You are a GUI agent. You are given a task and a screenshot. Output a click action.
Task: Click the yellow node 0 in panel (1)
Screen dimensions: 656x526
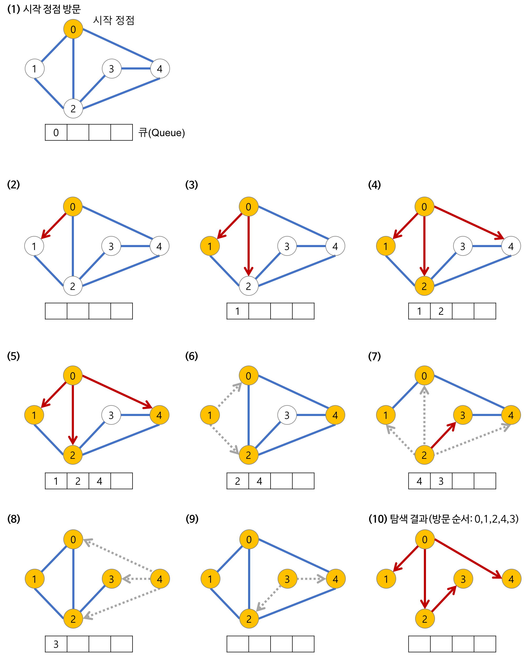point(73,29)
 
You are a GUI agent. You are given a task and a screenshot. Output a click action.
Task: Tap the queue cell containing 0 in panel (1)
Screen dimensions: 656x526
point(56,132)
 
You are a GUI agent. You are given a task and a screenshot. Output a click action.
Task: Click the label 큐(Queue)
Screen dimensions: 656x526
point(161,133)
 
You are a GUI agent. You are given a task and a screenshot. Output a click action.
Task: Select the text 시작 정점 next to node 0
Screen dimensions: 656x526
point(113,20)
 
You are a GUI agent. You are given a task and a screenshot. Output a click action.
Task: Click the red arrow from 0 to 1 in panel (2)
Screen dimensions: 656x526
point(54,225)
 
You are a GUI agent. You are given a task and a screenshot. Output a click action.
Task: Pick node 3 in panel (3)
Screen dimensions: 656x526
point(287,246)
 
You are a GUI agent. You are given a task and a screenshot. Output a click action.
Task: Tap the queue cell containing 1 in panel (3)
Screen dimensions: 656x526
point(238,311)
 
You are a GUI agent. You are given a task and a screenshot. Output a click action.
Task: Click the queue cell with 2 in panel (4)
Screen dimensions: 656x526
point(441,311)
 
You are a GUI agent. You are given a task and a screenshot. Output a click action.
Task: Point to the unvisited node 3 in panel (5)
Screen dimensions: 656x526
point(111,415)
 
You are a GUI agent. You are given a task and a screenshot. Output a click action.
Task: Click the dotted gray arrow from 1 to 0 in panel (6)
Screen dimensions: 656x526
point(229,395)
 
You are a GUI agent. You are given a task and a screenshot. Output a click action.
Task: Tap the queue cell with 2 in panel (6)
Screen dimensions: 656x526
point(238,481)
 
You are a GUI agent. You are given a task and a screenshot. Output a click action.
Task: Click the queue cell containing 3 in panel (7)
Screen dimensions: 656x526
point(441,481)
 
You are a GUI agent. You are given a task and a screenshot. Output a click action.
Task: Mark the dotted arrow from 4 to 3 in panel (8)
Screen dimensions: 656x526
point(136,579)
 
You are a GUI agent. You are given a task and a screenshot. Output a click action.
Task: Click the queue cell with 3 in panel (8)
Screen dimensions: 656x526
point(56,644)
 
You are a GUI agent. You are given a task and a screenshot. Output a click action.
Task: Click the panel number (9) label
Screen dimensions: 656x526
point(192,519)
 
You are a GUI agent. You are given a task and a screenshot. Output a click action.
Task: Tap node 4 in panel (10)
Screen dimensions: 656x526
point(511,579)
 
